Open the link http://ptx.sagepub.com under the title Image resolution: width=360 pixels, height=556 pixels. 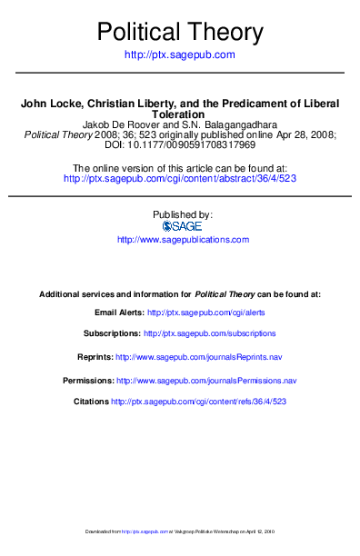pyautogui.click(x=179, y=55)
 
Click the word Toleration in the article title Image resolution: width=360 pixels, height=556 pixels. pyautogui.click(x=179, y=114)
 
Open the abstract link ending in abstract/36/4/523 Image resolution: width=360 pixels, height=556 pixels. pyautogui.click(x=180, y=179)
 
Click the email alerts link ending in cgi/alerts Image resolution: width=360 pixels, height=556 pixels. pyautogui.click(x=208, y=312)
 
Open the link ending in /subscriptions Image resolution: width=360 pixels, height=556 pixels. pyautogui.click(x=210, y=333)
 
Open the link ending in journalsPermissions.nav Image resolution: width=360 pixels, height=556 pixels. pyautogui.click(x=207, y=379)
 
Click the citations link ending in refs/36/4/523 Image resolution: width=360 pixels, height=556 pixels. pyautogui.click(x=199, y=401)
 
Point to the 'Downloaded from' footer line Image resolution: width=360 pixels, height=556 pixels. pyautogui.click(x=179, y=531)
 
